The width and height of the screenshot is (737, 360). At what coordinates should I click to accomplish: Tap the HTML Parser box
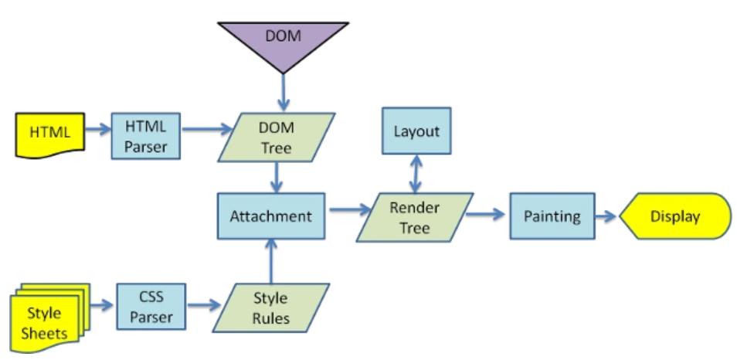[145, 136]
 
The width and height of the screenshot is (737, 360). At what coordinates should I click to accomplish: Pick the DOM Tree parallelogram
[276, 138]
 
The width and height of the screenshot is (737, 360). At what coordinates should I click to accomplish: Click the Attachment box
[270, 216]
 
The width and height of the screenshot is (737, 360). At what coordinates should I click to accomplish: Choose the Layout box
[416, 131]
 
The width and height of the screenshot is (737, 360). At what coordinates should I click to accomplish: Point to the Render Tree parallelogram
[415, 218]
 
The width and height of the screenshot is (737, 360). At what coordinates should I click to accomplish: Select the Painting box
[552, 216]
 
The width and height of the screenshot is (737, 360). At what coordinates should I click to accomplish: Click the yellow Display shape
[674, 216]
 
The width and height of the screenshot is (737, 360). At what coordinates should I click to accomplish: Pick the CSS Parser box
[151, 307]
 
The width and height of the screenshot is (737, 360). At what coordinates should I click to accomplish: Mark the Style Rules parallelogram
[270, 307]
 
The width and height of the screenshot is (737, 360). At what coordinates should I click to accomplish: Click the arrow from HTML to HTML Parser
[97, 131]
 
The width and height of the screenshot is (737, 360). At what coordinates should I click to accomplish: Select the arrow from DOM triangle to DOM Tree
[283, 93]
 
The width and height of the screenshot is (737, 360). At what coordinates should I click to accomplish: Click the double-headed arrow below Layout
[417, 174]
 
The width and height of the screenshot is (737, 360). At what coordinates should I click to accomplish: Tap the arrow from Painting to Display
[607, 217]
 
